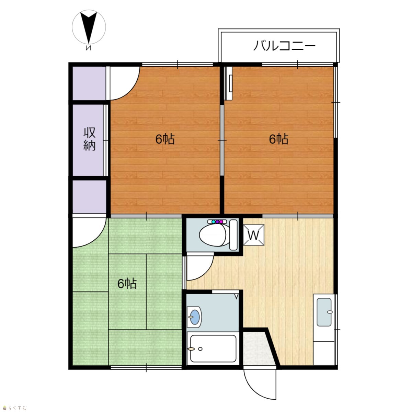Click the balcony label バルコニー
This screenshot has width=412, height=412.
pyautogui.click(x=284, y=46)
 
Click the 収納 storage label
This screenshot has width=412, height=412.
pyautogui.click(x=89, y=139)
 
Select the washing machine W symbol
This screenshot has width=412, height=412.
pyautogui.click(x=254, y=235)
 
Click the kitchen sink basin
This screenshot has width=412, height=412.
pyautogui.click(x=324, y=312)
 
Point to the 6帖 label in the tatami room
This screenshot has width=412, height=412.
pyautogui.click(x=127, y=284)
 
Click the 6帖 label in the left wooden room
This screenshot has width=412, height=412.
pyautogui.click(x=165, y=139)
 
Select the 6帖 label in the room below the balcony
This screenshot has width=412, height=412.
pyautogui.click(x=278, y=139)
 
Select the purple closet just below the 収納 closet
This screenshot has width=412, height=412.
pyautogui.click(x=89, y=197)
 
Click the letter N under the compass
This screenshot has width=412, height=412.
pyautogui.click(x=88, y=48)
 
